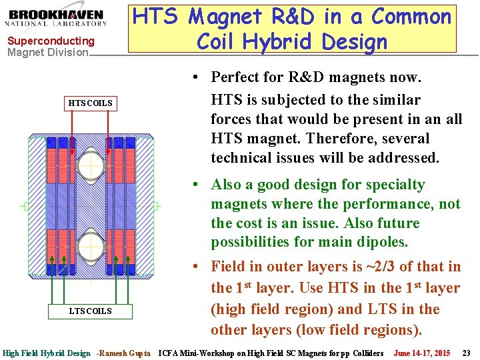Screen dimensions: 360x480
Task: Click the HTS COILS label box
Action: (91, 103)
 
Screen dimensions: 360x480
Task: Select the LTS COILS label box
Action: (91, 311)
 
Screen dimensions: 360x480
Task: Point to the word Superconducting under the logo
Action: (51, 41)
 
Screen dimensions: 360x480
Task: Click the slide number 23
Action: (466, 353)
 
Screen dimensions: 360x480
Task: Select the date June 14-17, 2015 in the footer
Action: (422, 353)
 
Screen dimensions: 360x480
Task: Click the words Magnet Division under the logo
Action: (47, 52)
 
